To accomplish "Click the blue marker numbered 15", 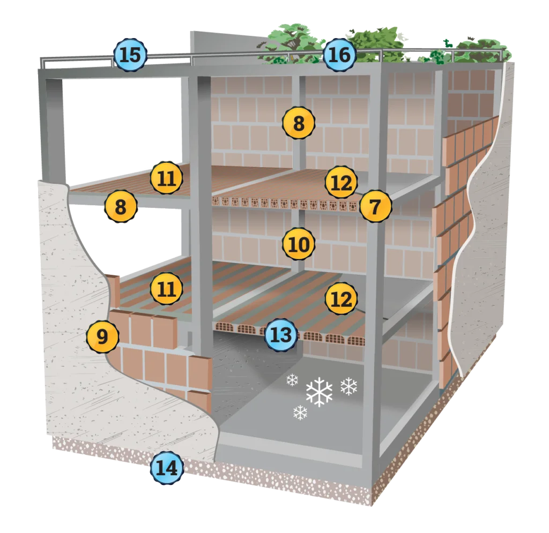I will point(130,55).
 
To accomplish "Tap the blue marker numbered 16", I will point(339,55).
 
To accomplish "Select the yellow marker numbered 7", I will point(375,207).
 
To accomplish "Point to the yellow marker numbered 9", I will point(102,336).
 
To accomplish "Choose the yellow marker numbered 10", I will point(299,245).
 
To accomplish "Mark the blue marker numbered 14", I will point(166,469).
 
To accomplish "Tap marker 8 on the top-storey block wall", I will point(299,123).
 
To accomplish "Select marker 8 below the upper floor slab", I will point(121,206).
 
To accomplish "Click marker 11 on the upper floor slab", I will point(166,178).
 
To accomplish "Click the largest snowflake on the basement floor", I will point(319,392).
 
